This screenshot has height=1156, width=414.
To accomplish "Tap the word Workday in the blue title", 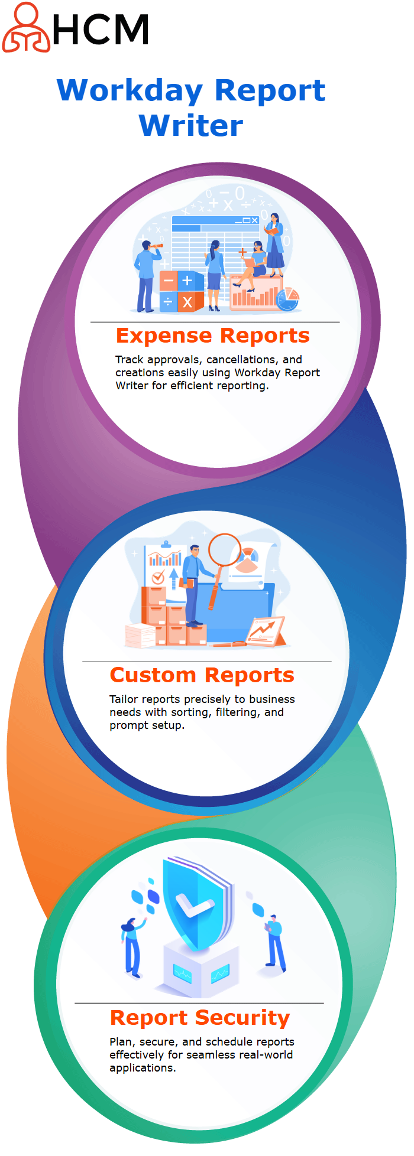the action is click(x=130, y=91).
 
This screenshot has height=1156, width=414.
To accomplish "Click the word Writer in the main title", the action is click(x=191, y=125).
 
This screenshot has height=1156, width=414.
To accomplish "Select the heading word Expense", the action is click(x=164, y=336).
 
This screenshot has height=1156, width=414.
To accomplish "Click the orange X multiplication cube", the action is click(x=188, y=302).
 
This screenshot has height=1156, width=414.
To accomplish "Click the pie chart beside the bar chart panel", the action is click(x=288, y=299).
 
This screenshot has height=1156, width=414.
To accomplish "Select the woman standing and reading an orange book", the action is click(x=275, y=245).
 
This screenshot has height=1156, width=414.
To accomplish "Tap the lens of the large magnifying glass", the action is click(x=224, y=549).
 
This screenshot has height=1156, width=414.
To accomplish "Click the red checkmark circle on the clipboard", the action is click(x=158, y=578).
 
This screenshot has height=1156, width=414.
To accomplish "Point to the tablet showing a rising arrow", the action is click(x=266, y=631).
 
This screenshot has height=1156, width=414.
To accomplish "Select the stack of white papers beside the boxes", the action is click(x=140, y=636).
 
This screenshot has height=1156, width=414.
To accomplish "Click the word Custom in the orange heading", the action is click(x=153, y=675).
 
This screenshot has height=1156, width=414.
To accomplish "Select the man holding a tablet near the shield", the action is click(x=274, y=943).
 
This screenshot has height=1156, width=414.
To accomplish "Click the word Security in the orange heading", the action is click(x=243, y=1018).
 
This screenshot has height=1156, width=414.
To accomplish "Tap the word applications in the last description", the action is click(x=143, y=1068).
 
